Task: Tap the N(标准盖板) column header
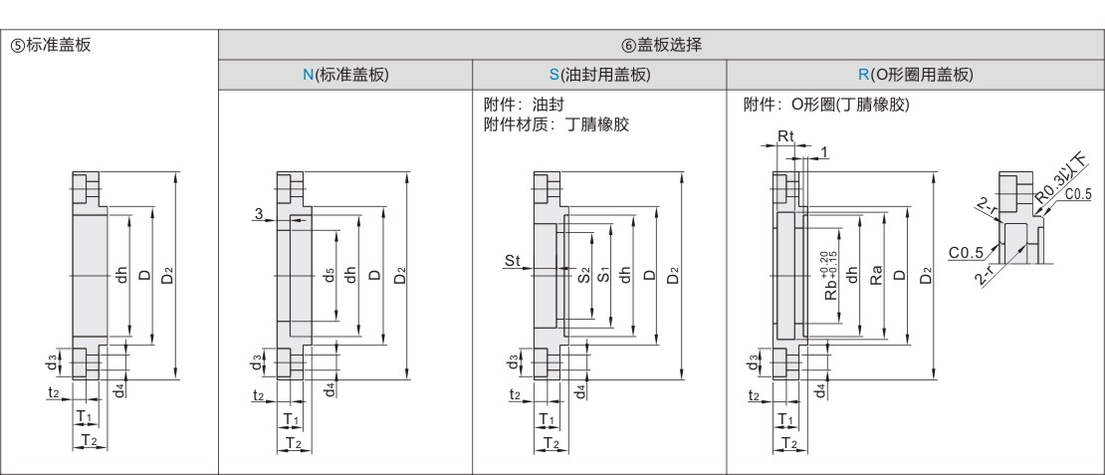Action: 345,75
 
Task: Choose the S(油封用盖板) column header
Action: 599,75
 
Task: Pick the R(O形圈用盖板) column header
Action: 915,75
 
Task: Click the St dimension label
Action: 512,261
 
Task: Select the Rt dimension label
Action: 785,134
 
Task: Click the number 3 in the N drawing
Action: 257,213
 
